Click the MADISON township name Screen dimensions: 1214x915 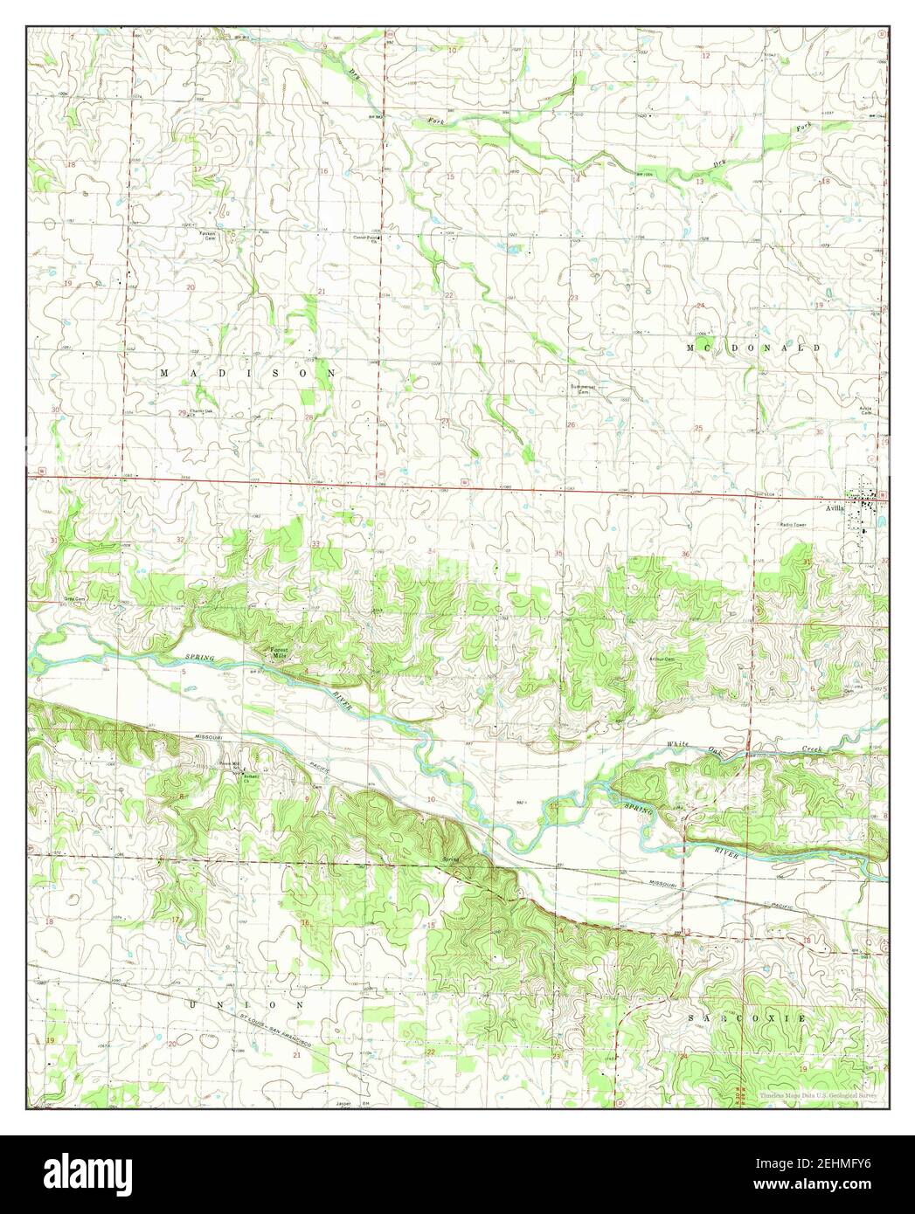pyautogui.click(x=247, y=373)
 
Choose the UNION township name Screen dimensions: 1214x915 pyautogui.click(x=246, y=1005)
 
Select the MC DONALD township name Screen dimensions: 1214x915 pyautogui.click(x=753, y=348)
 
